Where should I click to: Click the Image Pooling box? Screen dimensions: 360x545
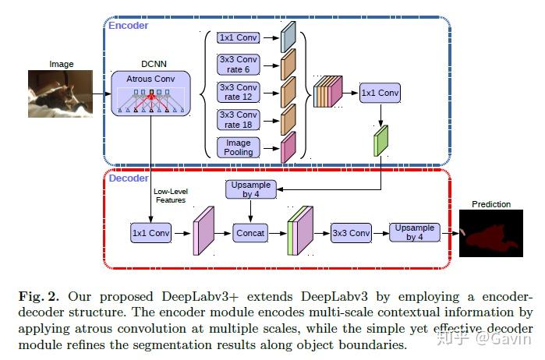pos(238,147)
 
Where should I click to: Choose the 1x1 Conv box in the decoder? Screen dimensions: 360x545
pos(150,232)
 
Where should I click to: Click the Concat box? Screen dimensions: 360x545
pos(250,232)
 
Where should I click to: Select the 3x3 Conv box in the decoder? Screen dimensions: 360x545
pos(351,232)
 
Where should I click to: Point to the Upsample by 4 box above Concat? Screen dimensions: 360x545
pos(250,189)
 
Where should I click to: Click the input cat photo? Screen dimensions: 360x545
pos(62,94)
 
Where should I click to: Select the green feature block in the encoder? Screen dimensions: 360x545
pos(380,142)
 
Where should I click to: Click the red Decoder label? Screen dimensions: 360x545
pos(128,178)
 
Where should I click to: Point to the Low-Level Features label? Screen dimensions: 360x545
pos(170,196)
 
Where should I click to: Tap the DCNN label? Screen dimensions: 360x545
pos(150,63)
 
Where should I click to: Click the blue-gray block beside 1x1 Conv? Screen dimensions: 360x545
pos(288,37)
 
